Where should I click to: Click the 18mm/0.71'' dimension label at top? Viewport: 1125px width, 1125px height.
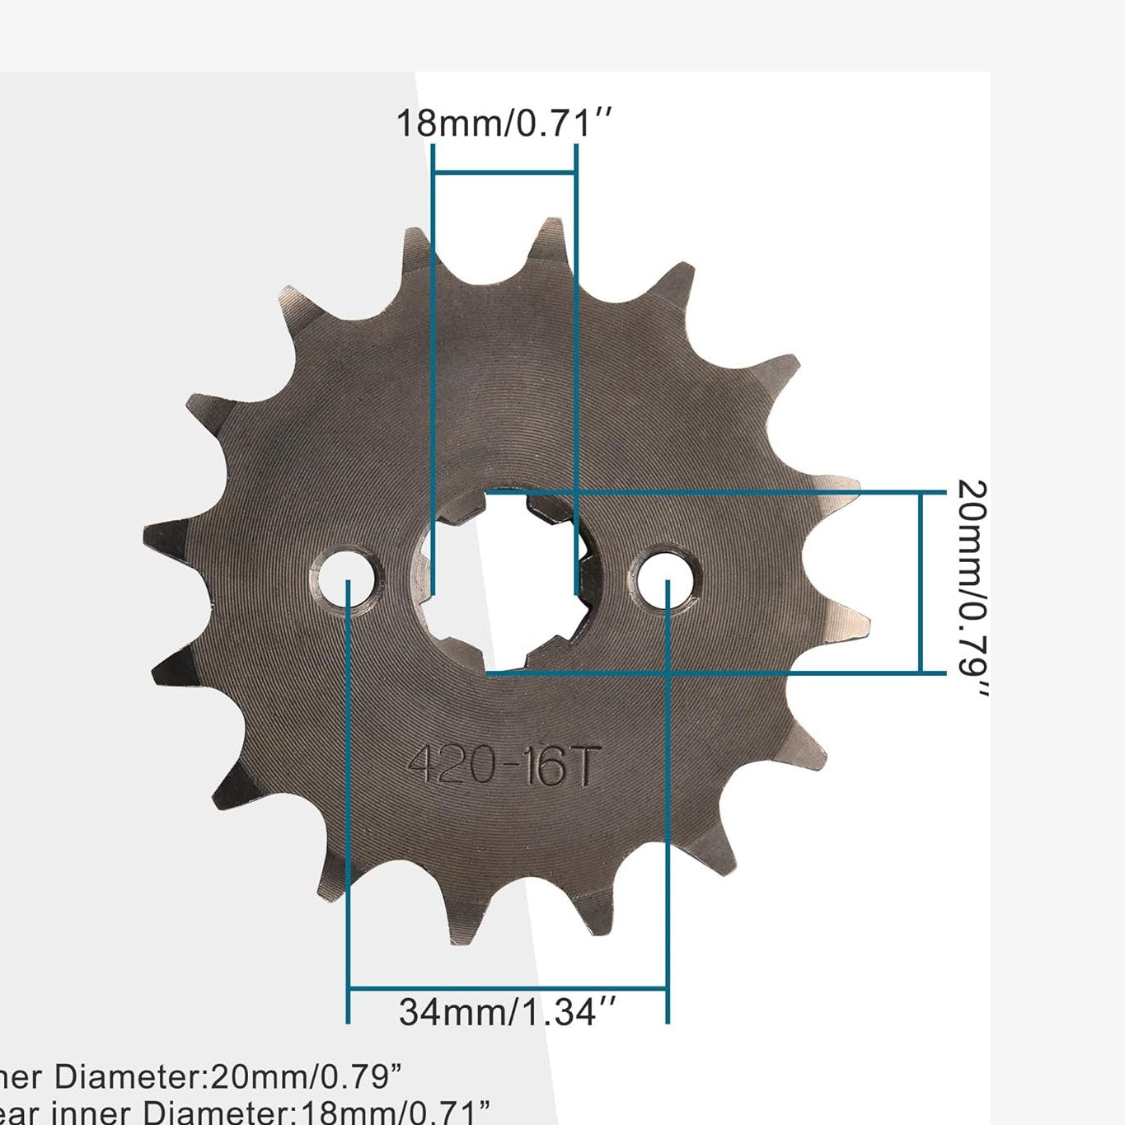[504, 124]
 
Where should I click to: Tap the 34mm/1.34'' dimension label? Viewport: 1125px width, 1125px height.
[508, 1012]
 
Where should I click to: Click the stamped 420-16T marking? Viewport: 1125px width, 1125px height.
[501, 766]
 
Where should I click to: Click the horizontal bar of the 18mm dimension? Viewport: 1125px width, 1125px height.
[504, 172]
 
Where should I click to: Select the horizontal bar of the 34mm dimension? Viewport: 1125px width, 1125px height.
[508, 988]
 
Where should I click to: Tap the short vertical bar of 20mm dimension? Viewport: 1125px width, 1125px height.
[920, 582]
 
